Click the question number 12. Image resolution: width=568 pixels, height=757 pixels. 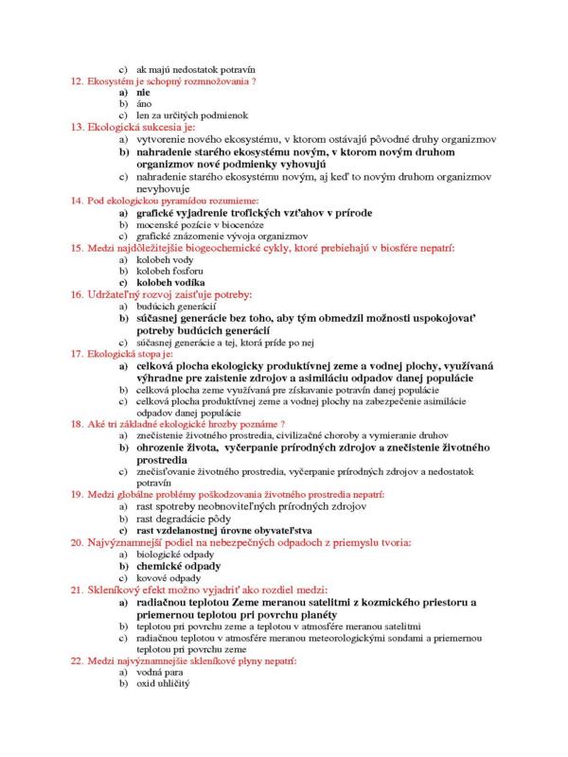pos(78,81)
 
